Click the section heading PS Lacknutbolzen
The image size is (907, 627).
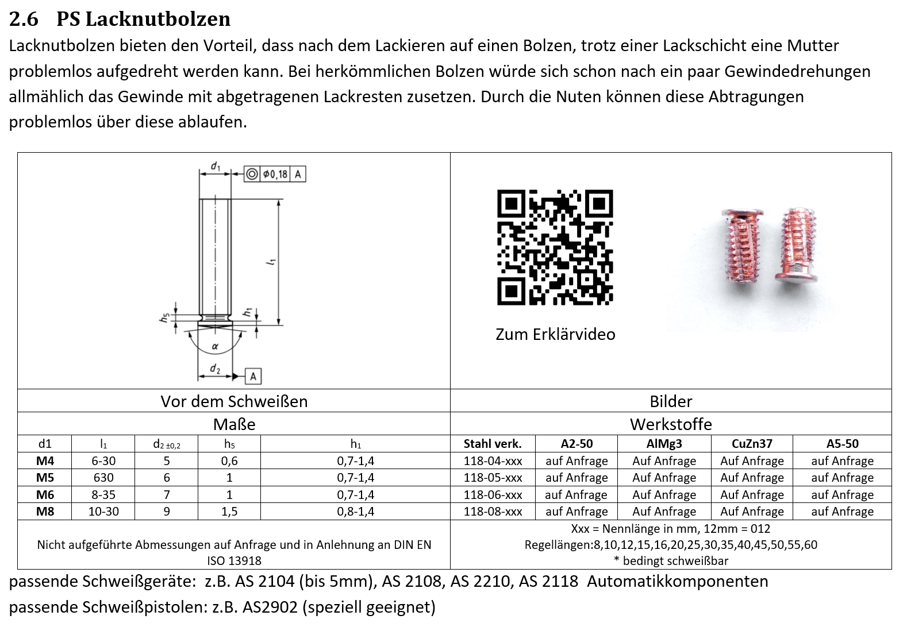click(x=143, y=19)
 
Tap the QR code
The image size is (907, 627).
click(x=555, y=247)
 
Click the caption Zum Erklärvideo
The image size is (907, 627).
click(x=555, y=334)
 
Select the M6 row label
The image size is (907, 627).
click(x=45, y=494)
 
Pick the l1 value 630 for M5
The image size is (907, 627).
click(x=103, y=478)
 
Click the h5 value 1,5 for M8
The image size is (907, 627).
click(x=229, y=512)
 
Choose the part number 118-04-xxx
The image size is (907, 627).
click(x=493, y=461)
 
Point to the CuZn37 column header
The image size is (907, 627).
click(x=752, y=444)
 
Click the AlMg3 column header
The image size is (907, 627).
click(x=664, y=444)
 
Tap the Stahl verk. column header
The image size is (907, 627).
click(x=493, y=444)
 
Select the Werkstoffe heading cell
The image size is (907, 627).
click(x=671, y=424)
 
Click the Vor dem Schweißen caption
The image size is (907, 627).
click(x=234, y=401)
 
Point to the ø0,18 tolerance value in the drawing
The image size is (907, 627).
click(x=276, y=174)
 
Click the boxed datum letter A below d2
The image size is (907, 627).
click(x=253, y=377)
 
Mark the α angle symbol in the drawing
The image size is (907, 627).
click(x=215, y=346)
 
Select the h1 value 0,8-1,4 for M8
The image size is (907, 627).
click(x=355, y=512)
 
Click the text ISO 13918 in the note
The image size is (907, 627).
click(x=234, y=561)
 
